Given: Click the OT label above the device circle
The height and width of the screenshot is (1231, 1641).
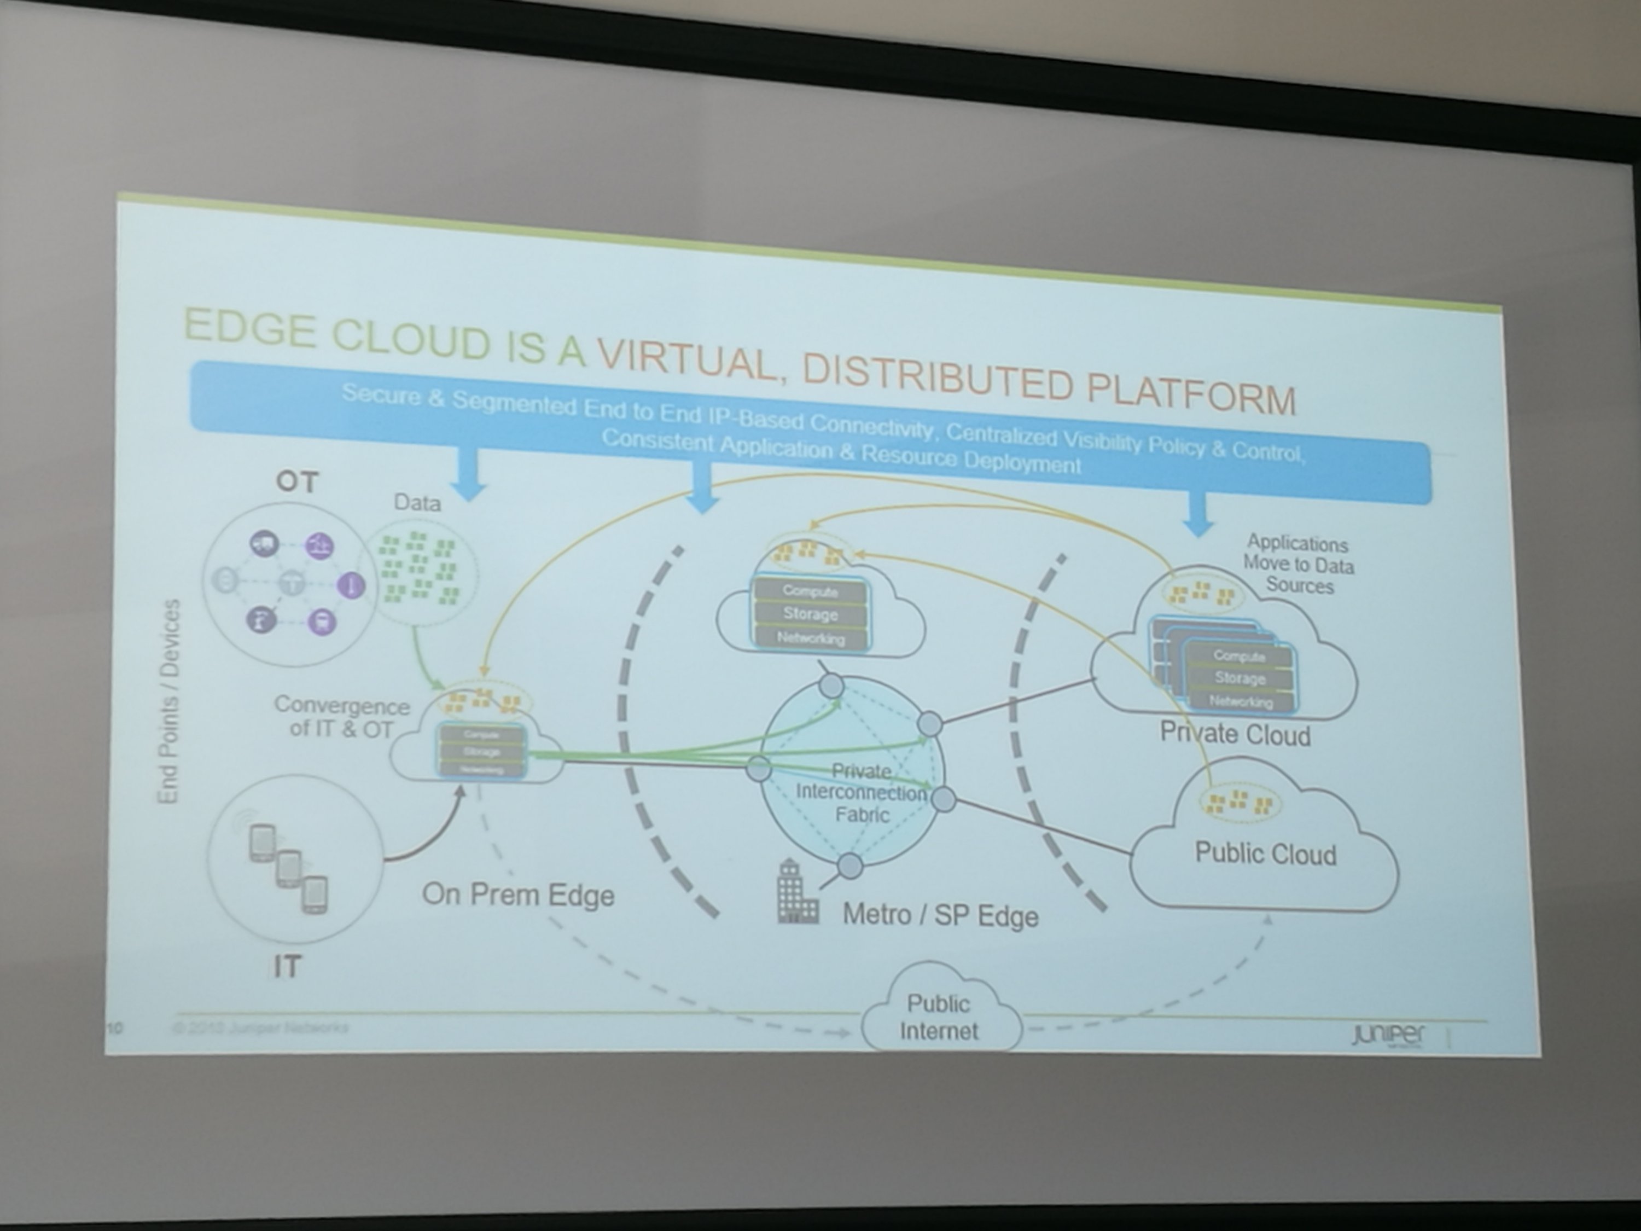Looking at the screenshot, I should click(296, 483).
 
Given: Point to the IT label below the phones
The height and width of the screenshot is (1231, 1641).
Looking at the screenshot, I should click(287, 967).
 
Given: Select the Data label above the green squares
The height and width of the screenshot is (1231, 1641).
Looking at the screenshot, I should click(417, 503).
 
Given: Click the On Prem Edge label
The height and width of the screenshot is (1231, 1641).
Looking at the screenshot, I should click(518, 895).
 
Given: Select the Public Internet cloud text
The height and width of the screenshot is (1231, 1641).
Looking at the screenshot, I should click(939, 1017).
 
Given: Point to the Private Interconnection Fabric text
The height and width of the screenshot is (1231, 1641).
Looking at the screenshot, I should click(862, 792).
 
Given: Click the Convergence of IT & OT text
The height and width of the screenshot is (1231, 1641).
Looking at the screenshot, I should click(341, 717).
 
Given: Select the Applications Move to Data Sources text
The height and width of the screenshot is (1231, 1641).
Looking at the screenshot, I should click(1298, 565).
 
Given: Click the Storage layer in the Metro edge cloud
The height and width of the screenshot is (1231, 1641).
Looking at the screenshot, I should click(810, 614).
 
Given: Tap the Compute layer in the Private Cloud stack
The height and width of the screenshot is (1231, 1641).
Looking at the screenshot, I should click(1239, 656).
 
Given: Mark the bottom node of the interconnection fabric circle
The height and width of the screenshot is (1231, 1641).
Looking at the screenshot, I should click(850, 865).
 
